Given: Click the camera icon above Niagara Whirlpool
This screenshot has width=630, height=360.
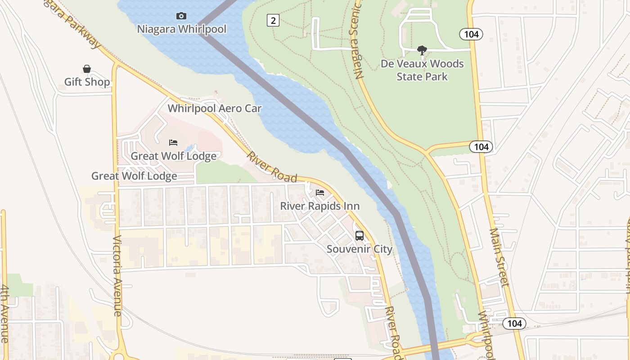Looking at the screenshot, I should [181, 16].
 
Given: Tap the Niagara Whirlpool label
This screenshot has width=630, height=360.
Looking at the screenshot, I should [182, 29].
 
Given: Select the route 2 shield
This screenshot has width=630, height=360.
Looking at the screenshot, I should [273, 20].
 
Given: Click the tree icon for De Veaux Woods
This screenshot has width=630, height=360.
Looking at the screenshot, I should [422, 50].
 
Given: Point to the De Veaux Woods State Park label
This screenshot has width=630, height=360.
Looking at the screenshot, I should [422, 70].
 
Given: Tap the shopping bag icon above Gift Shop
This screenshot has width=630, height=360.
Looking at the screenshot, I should [87, 69].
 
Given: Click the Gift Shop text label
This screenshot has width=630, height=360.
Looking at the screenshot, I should [87, 82].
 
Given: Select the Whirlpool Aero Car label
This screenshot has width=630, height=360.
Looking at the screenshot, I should [215, 108].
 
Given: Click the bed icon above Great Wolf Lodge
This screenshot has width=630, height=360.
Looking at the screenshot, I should [173, 143].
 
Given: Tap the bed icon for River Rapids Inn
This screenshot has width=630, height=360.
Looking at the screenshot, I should [320, 193].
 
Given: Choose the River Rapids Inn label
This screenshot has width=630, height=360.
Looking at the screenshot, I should [320, 206].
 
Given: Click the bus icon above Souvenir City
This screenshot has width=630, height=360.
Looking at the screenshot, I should [360, 235].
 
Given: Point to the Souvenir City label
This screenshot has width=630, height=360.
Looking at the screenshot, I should [360, 249].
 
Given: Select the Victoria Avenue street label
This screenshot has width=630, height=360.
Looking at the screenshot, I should [117, 275].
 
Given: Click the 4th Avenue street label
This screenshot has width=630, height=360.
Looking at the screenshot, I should [4, 314].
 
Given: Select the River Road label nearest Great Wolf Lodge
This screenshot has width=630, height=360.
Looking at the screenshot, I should [272, 166].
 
